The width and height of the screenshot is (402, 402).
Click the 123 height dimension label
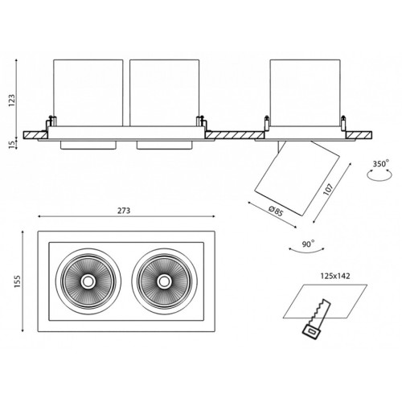[x=13, y=100]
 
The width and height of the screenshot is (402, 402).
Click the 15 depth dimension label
[x=12, y=144]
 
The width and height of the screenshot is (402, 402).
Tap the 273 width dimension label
[x=124, y=211]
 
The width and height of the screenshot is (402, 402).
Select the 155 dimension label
[x=18, y=281]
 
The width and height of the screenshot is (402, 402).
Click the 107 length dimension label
[x=328, y=190]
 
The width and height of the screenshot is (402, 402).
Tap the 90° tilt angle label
[x=308, y=244]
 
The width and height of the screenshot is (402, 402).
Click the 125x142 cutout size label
[x=335, y=276]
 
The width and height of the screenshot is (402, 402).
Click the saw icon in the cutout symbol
[x=316, y=319]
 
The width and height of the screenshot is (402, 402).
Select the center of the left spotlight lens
[x=88, y=281]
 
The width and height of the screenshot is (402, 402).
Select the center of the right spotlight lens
[x=163, y=281]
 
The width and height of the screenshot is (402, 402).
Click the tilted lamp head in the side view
[x=297, y=178]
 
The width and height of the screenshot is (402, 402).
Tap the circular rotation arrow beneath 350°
[x=379, y=179]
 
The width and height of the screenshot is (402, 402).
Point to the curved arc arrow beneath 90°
[x=306, y=252]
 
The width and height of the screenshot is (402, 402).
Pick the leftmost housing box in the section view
[x=88, y=92]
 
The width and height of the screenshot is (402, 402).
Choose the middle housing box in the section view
[x=164, y=92]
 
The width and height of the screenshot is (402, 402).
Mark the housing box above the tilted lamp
[x=306, y=92]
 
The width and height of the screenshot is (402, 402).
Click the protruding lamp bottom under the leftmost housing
[x=88, y=145]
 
